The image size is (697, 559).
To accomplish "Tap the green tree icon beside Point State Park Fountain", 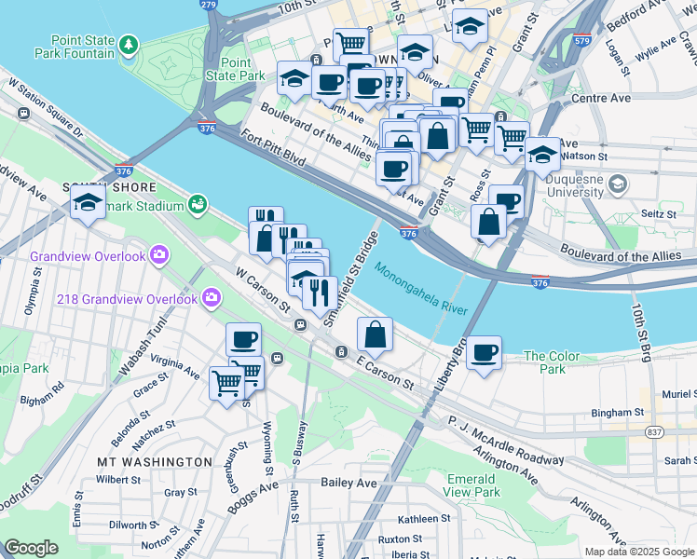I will click(x=129, y=45).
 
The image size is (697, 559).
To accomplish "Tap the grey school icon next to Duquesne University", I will click(x=616, y=184).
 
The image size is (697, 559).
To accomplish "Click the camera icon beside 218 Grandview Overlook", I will click(x=212, y=298).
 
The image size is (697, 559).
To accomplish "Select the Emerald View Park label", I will click(x=471, y=484).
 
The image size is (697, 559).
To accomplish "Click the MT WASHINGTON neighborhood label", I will click(x=155, y=461).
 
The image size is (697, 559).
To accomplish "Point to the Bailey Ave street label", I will click(x=348, y=483).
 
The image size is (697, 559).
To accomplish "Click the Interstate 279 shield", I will click(x=208, y=6).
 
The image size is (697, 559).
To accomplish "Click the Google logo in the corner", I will click(x=32, y=548).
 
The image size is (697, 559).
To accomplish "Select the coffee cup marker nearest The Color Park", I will click(x=485, y=353).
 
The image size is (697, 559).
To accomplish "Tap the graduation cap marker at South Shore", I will click(x=88, y=202).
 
